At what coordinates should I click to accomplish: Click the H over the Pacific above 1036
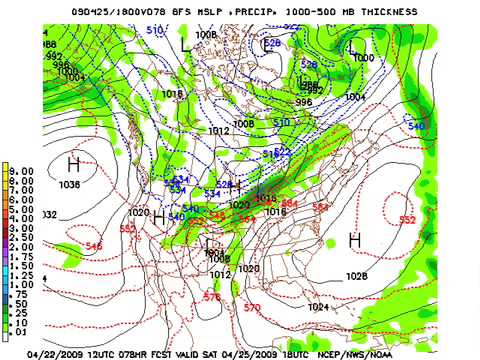(x=73, y=164)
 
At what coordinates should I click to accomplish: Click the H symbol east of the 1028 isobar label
(x=354, y=240)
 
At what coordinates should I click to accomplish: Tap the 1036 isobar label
(x=70, y=185)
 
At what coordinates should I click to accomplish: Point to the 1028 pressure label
(x=356, y=276)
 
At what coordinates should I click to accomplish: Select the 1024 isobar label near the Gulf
(x=318, y=307)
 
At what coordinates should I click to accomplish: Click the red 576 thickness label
(x=211, y=297)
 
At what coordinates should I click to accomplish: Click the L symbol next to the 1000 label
(x=352, y=47)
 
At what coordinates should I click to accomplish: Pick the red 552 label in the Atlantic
(x=407, y=220)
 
